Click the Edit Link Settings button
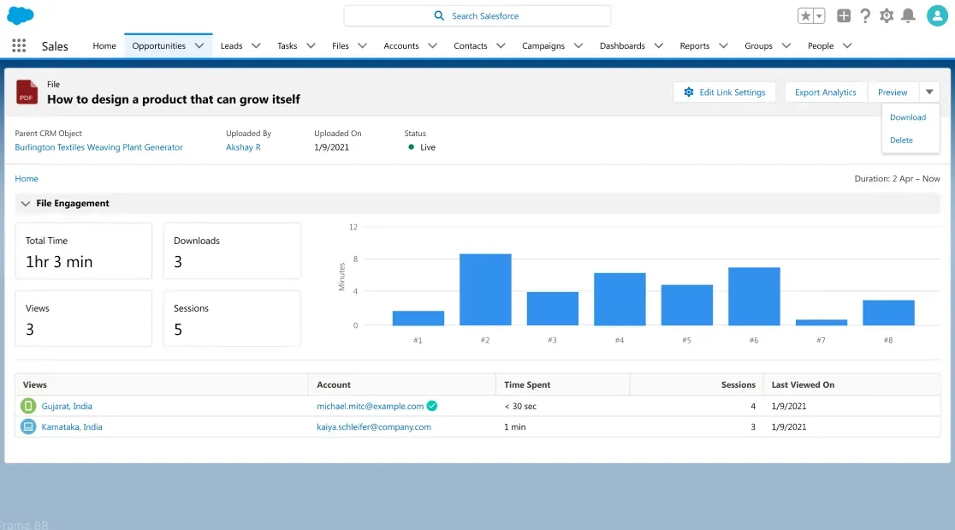coord(724,92)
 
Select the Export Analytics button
coord(825,92)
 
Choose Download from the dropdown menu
coord(908,117)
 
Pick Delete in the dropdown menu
coord(901,140)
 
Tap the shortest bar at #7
coord(821,322)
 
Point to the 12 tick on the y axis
coord(353,227)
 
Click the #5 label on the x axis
coord(686,341)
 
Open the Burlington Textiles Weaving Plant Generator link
coord(98,147)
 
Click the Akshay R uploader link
coord(243,147)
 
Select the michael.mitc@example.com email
coord(370,407)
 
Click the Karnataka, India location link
coord(72,427)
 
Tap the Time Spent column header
coord(527,385)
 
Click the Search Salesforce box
coord(478,15)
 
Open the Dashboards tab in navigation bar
coord(622,46)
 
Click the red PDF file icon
coord(27,92)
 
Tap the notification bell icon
coord(908,15)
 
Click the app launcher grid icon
coord(19,46)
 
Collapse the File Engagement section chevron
coord(26,204)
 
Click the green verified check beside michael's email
coord(432,406)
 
